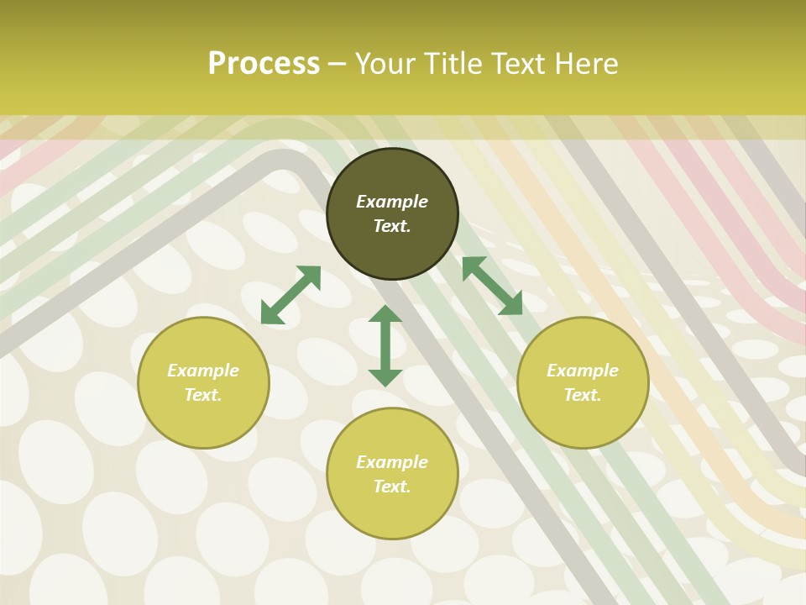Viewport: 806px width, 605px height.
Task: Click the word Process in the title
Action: pos(264,64)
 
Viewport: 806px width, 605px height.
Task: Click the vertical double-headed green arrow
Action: pos(385,345)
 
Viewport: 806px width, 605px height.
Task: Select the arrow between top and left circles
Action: pos(290,295)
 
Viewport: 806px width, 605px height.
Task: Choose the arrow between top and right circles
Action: pos(492,286)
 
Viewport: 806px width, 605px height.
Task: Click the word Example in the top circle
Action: pos(392,202)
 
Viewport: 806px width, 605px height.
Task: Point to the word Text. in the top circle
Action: pos(392,226)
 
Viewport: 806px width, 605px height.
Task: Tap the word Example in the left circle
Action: pos(203,371)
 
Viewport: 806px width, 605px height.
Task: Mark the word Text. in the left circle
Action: pos(203,395)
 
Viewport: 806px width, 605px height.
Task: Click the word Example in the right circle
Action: pos(583,371)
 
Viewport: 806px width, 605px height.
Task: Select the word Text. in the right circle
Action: pos(583,395)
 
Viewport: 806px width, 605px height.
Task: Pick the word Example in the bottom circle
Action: pos(392,462)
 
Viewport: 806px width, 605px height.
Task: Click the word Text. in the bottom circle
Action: pos(392,487)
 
